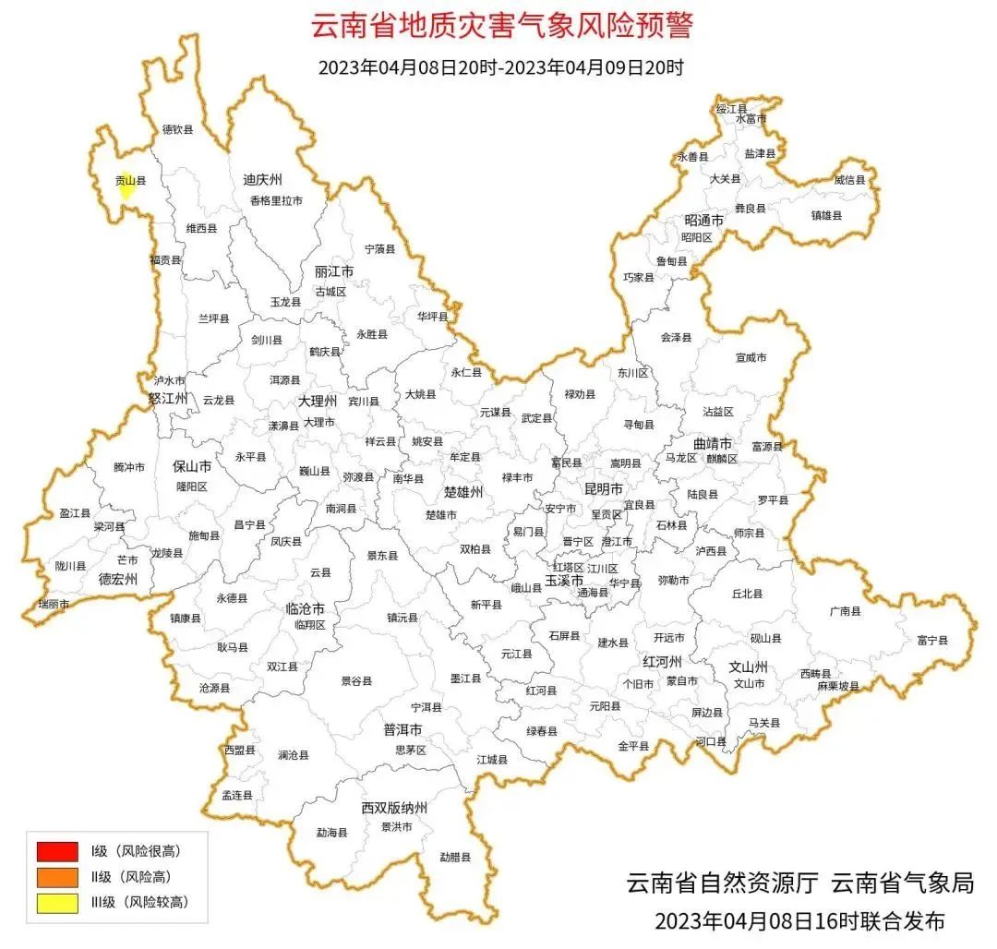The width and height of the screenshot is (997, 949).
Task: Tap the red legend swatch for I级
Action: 57,850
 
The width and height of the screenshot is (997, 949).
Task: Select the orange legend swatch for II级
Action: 57,876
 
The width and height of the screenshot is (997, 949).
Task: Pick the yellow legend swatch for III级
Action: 57,902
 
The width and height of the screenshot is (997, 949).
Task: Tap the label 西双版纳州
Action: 394,808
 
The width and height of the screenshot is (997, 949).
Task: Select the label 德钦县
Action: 177,130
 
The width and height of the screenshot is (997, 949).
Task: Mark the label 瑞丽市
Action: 53,604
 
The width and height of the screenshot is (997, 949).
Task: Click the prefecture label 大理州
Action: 318,402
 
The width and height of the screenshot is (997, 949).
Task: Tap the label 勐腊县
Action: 455,857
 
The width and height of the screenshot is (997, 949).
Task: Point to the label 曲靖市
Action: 713,444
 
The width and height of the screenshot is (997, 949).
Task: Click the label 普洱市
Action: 402,729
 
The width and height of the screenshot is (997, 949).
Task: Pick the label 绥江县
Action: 731,109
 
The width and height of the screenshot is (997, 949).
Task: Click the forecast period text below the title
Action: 500,67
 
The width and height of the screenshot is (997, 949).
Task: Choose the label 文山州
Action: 749,666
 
